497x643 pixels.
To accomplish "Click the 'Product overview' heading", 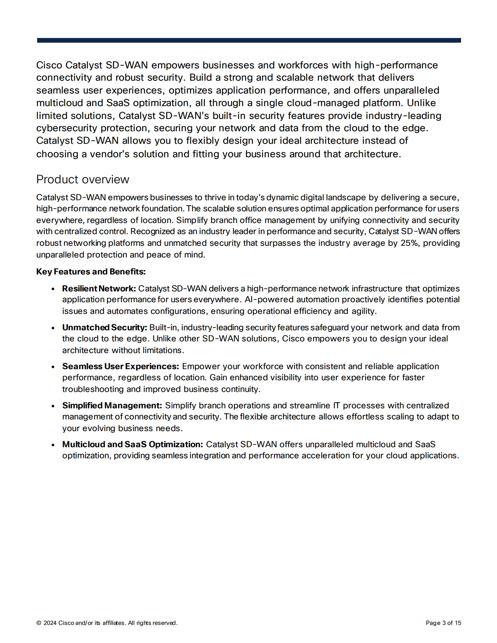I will (82, 179).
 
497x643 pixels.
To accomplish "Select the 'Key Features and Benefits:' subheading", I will (91, 272).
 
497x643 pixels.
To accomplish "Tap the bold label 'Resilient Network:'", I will (99, 288).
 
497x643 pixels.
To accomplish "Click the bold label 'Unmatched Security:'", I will (105, 327).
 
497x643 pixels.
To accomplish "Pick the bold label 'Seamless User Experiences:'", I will (120, 366).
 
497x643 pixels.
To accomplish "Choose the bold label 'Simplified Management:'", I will (112, 405).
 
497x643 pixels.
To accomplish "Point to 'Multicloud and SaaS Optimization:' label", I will (132, 444).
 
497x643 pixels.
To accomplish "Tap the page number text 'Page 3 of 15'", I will (443, 623).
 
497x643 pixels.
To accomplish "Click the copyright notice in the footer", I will (107, 623).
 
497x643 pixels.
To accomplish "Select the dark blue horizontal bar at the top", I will (249, 40).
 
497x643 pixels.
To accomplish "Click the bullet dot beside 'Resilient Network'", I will (53, 289).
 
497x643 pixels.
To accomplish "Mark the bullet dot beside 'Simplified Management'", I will (53, 406).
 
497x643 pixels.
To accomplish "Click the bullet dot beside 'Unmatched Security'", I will (53, 328).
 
